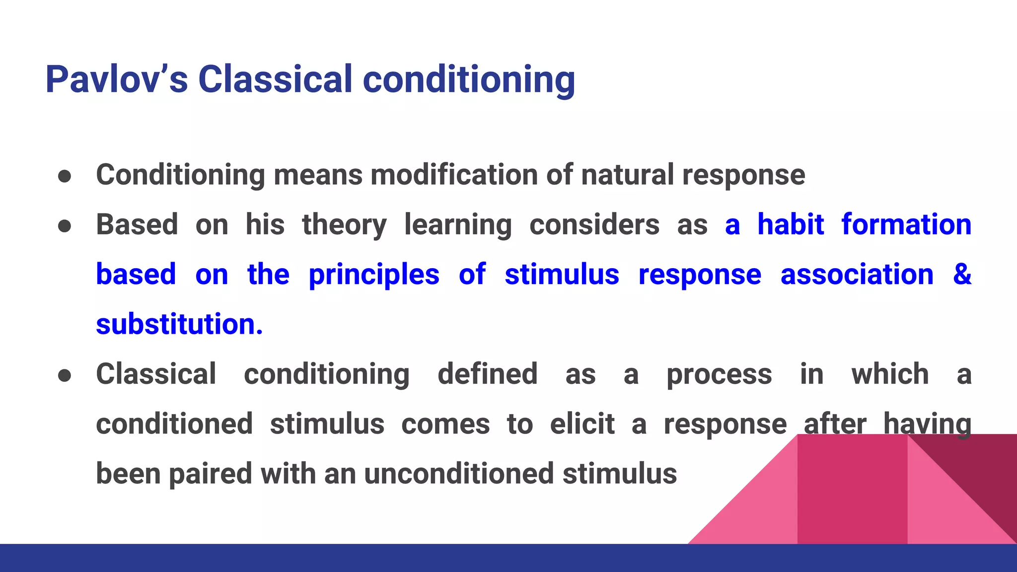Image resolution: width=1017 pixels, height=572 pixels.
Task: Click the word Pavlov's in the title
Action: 116,79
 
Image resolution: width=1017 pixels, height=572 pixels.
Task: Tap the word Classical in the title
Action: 275,79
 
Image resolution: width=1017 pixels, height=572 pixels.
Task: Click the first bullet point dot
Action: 65,176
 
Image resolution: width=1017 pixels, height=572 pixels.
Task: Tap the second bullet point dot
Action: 65,226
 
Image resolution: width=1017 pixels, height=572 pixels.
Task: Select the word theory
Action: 344,225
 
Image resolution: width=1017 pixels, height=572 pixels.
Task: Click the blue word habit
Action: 791,224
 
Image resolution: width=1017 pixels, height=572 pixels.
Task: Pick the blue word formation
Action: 906,224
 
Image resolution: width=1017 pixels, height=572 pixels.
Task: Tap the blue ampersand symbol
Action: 962,274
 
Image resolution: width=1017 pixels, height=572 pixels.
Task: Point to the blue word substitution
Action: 179,324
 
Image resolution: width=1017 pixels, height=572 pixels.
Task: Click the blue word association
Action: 857,275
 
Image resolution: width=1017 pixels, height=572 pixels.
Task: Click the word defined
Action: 487,374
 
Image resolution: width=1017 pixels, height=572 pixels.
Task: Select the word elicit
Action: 582,424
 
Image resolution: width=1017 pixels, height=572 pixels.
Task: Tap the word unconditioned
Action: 458,474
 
